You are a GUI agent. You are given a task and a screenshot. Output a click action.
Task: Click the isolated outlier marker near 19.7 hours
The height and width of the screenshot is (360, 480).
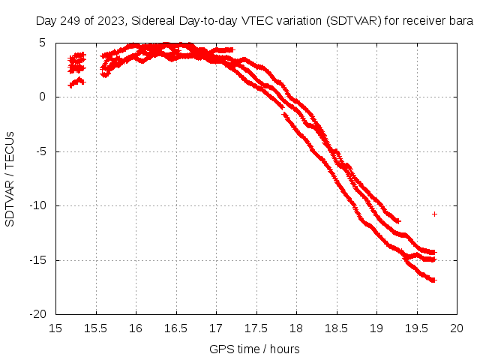(434, 214)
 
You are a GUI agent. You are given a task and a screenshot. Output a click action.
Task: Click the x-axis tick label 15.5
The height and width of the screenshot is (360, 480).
(96, 328)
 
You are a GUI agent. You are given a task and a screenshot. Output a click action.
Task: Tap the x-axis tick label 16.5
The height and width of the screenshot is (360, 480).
(175, 328)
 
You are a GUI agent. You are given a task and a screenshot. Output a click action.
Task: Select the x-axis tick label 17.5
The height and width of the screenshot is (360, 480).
(256, 328)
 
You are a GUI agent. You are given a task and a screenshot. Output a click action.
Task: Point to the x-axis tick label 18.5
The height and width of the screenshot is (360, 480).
(336, 328)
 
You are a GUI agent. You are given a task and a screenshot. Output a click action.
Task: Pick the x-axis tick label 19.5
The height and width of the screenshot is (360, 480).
(416, 328)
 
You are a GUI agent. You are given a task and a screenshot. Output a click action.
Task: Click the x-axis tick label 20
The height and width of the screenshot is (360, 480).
(456, 328)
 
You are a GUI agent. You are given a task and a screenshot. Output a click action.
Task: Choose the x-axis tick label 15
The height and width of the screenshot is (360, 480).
(56, 328)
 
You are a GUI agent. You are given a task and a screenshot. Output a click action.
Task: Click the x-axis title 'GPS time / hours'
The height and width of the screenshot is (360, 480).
(255, 349)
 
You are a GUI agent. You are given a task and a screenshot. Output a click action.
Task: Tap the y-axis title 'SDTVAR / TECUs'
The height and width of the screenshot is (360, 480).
(10, 178)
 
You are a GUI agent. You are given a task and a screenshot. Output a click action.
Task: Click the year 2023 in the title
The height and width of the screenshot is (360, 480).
(113, 22)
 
